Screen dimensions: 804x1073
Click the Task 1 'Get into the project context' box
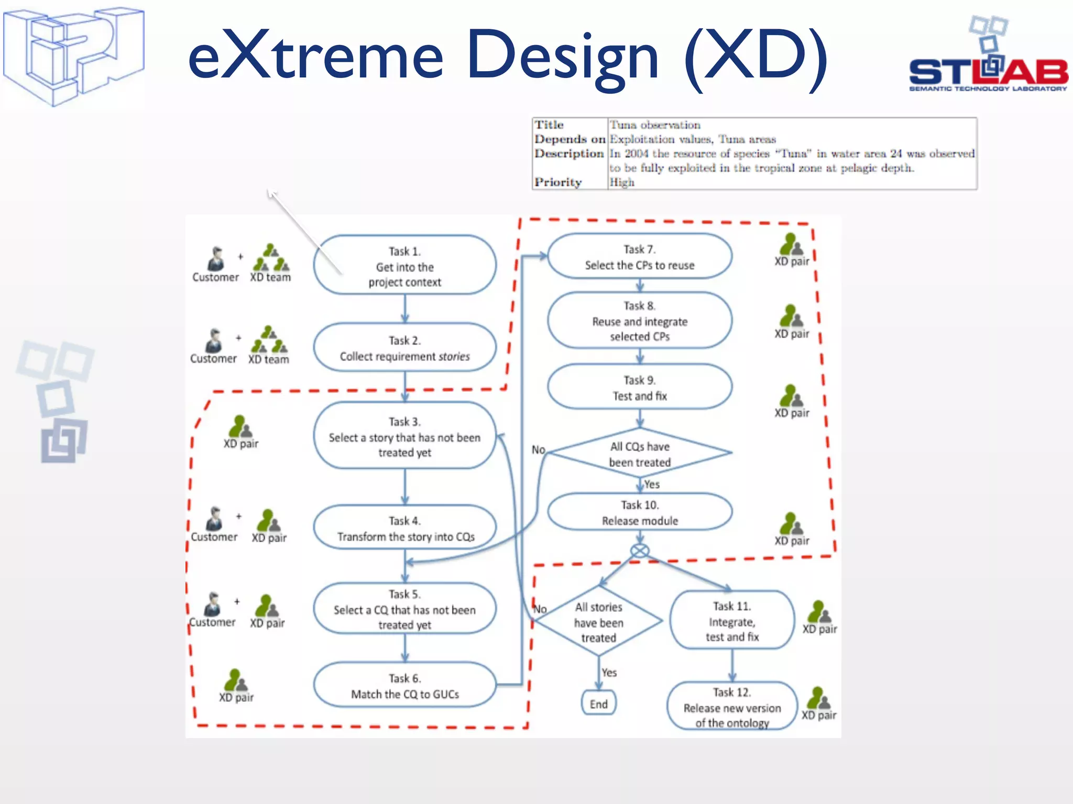click(404, 265)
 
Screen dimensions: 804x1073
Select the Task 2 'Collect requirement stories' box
click(404, 348)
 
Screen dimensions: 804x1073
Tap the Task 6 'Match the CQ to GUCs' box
click(404, 686)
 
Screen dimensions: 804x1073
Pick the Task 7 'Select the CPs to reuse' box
click(639, 257)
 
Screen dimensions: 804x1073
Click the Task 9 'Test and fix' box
click(639, 387)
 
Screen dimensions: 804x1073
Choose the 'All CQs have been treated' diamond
click(639, 454)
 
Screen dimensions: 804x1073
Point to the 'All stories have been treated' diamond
click(598, 622)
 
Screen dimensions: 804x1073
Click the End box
click(598, 703)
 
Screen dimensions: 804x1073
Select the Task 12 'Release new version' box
click(732, 707)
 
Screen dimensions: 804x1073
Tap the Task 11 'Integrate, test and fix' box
click(732, 621)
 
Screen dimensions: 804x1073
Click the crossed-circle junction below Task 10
click(640, 551)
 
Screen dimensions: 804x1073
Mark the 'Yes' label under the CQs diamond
click(652, 485)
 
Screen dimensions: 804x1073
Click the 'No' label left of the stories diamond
click(540, 609)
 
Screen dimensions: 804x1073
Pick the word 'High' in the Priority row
click(622, 182)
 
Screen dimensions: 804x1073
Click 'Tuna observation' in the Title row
click(655, 125)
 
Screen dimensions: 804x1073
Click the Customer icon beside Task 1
click(215, 259)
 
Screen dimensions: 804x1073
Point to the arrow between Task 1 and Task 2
click(404, 309)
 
